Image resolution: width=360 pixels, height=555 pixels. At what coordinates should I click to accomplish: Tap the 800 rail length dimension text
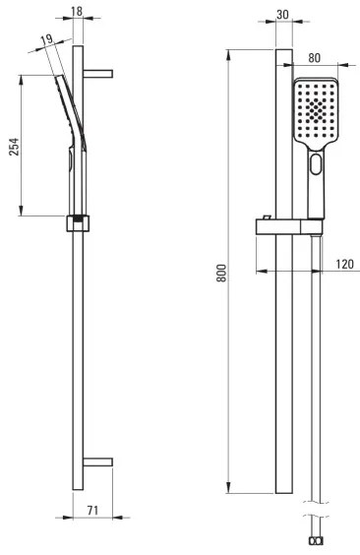tap(221, 272)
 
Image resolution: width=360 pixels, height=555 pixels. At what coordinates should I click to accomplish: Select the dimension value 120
tap(344, 264)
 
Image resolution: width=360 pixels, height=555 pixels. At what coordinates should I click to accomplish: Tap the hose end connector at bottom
tap(315, 542)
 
